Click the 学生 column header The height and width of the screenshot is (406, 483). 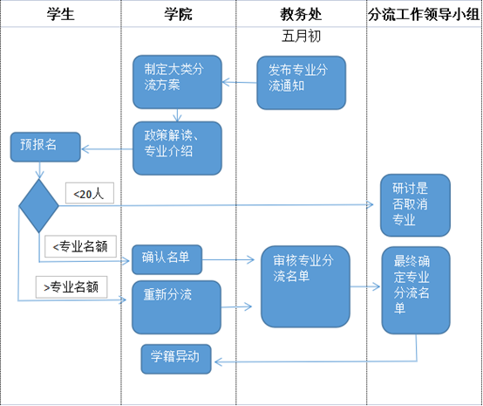[x=61, y=14]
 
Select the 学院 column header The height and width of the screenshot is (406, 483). [x=178, y=14]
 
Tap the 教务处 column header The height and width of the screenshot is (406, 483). [x=301, y=14]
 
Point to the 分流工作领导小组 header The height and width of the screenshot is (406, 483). [x=424, y=14]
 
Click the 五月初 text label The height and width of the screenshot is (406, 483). [x=301, y=36]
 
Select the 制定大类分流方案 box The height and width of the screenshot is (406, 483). [x=177, y=82]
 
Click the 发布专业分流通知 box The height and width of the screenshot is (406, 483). [x=302, y=83]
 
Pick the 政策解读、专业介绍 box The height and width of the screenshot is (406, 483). [x=177, y=148]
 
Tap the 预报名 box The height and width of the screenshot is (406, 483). [x=45, y=147]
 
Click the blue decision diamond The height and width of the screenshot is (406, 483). [x=39, y=206]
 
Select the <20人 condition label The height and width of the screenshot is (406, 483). [x=90, y=193]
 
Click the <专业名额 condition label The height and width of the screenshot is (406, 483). [x=80, y=246]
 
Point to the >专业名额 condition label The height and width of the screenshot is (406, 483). [x=71, y=287]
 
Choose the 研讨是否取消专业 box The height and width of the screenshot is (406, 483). [x=415, y=205]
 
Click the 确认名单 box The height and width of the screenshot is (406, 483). [x=167, y=259]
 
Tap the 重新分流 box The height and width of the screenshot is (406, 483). [x=176, y=307]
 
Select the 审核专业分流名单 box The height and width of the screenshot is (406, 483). [x=305, y=286]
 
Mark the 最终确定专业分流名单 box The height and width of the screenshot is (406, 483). [x=416, y=290]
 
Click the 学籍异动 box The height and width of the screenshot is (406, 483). [x=176, y=359]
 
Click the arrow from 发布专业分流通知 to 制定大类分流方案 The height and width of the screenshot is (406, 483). [x=240, y=82]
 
